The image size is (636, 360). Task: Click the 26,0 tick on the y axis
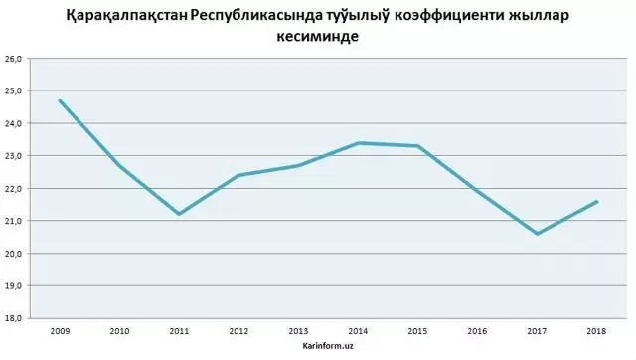[x=15, y=60]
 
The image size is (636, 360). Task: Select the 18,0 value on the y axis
[x=15, y=318]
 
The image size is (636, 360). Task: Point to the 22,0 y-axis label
[x=15, y=189]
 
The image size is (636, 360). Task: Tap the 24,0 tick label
[x=15, y=124]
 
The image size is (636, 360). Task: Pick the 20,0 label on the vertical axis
[x=15, y=254]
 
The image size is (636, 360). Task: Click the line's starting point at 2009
[x=60, y=100]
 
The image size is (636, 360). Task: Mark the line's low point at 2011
[x=179, y=214]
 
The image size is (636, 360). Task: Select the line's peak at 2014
[x=358, y=143]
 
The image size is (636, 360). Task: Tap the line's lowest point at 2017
[x=537, y=234]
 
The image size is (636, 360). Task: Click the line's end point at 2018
[x=596, y=201]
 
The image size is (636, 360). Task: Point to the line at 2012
[x=238, y=175]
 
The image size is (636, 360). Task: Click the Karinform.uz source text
[x=327, y=345]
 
